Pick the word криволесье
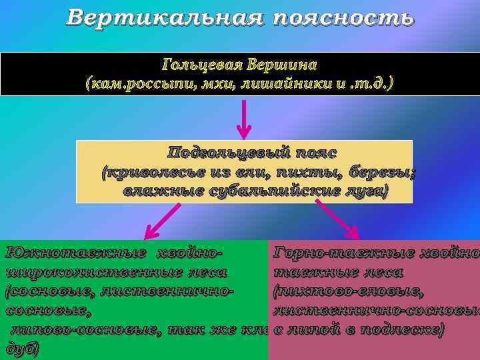coord(143,173)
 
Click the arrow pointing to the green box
coord(163,221)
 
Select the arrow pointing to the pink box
coord(337,219)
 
